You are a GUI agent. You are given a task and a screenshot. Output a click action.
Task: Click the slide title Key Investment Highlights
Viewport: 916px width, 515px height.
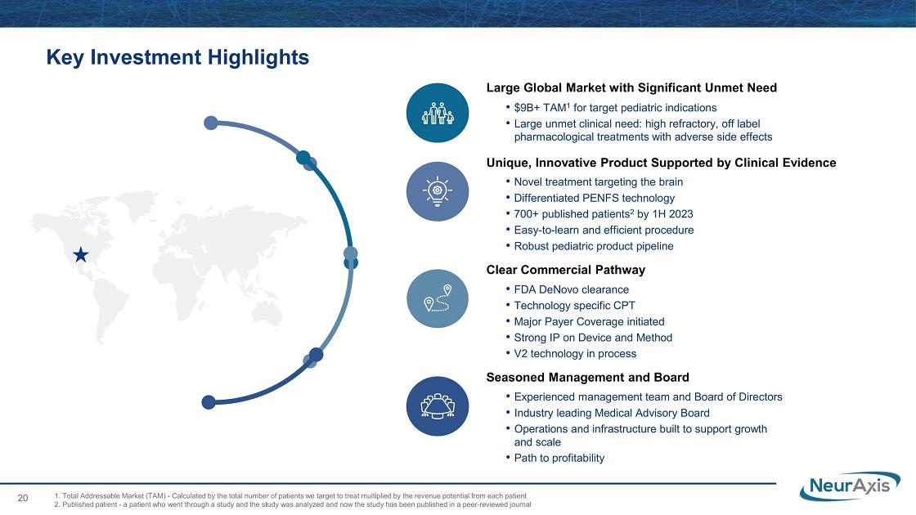tap(177, 57)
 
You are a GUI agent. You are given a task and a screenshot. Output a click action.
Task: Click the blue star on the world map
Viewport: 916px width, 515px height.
tap(81, 254)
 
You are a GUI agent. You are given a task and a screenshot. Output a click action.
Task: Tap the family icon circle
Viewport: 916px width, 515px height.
tap(438, 113)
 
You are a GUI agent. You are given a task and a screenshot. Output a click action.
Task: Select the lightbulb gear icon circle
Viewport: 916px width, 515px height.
tap(438, 191)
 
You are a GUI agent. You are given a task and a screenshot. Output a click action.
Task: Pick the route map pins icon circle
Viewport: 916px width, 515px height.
tap(438, 298)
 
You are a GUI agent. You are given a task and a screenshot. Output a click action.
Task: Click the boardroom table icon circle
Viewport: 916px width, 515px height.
tap(438, 405)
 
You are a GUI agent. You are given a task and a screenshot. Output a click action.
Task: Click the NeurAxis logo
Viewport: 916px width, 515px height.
tap(850, 486)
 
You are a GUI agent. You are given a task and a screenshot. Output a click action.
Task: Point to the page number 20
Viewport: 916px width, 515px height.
tap(23, 498)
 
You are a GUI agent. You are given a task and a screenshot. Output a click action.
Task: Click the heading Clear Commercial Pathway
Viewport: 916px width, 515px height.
tap(565, 270)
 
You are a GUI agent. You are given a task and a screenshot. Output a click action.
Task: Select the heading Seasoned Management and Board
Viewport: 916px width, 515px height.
tap(588, 377)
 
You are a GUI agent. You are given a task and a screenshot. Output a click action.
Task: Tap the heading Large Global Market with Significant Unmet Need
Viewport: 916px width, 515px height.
tap(631, 87)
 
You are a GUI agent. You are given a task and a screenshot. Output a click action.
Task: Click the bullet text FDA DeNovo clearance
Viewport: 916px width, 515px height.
tap(572, 289)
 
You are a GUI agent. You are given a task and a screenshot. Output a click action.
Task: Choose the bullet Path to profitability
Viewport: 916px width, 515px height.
tap(559, 458)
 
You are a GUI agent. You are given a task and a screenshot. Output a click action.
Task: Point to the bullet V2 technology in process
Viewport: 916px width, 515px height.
tap(575, 353)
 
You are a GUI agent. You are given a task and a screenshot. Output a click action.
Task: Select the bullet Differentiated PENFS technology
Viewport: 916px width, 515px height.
tap(594, 198)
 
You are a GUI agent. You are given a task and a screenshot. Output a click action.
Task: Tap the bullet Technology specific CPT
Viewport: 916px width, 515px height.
tap(574, 306)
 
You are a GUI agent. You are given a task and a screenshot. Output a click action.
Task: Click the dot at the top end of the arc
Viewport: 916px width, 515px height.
tap(211, 123)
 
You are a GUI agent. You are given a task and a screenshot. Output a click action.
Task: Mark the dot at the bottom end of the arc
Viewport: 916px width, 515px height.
tap(209, 401)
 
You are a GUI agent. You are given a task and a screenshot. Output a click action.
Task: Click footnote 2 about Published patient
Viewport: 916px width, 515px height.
tap(293, 504)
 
